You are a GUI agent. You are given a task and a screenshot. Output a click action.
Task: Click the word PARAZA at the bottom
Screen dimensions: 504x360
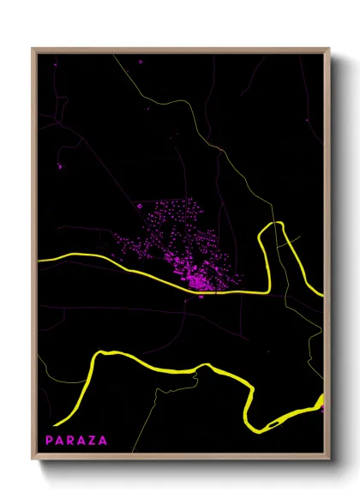coord(77,441)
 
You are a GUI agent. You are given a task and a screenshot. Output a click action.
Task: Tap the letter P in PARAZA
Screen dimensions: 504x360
coord(50,441)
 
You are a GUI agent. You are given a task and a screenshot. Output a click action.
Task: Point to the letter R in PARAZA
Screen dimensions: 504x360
coord(71,441)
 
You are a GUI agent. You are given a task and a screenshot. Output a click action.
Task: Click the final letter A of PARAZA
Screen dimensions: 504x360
coord(104,441)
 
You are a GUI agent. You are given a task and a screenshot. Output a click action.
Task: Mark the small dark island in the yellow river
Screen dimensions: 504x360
coord(273,423)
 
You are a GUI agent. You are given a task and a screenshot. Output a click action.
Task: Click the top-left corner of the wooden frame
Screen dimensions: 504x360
coord(33,49)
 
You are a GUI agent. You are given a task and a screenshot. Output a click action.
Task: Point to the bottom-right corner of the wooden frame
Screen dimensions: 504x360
coord(329,460)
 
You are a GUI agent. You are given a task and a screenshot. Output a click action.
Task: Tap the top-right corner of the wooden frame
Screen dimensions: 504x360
coord(329,49)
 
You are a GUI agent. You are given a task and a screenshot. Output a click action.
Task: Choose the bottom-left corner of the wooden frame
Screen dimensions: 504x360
coord(33,460)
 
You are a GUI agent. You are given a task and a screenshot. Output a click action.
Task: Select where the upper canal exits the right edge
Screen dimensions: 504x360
coord(322,295)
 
